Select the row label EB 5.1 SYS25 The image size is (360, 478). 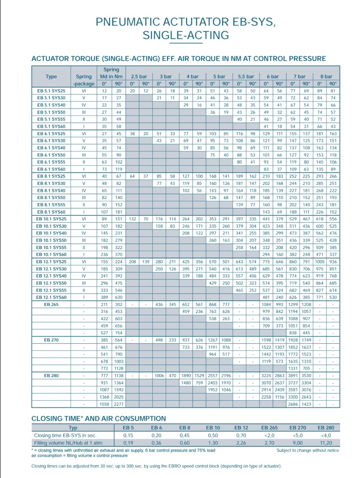(x=51, y=91)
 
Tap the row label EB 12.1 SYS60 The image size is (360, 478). (x=51, y=297)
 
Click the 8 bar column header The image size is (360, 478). (x=326, y=77)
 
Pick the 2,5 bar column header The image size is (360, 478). (x=139, y=77)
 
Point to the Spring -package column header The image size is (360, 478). (x=84, y=80)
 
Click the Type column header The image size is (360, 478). (x=51, y=77)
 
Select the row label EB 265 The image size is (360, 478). (x=51, y=304)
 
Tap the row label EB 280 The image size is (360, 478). (x=51, y=376)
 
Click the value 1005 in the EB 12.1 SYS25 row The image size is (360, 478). (x=320, y=262)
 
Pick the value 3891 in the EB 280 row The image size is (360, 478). (x=293, y=376)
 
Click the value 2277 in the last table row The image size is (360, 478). (x=119, y=404)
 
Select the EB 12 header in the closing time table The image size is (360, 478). (x=241, y=428)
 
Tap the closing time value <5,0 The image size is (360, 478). (x=298, y=435)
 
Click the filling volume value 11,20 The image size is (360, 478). (x=326, y=443)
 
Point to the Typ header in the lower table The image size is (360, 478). (x=73, y=428)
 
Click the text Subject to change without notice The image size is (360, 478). (x=308, y=450)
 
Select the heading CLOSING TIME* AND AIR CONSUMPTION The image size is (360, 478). (x=98, y=419)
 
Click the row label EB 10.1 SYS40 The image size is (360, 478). (x=51, y=233)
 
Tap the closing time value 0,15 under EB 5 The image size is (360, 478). (x=128, y=435)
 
